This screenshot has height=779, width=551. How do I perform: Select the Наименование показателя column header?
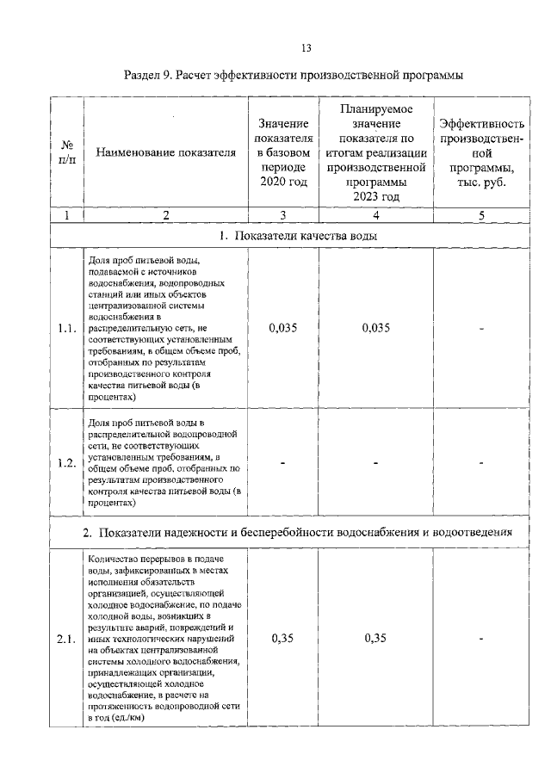(x=166, y=153)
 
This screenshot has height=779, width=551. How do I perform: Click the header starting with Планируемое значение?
(x=375, y=153)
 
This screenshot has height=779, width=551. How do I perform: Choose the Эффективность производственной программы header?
(x=481, y=153)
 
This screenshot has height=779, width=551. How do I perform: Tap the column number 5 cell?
(x=481, y=215)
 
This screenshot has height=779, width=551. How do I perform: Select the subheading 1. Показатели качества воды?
(x=294, y=236)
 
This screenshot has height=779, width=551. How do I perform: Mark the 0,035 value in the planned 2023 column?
(x=375, y=328)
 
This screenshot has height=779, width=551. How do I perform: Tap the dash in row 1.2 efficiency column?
(x=481, y=463)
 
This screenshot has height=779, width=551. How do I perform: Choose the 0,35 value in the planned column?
(x=375, y=639)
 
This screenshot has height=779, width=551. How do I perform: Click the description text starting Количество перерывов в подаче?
(x=164, y=639)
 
